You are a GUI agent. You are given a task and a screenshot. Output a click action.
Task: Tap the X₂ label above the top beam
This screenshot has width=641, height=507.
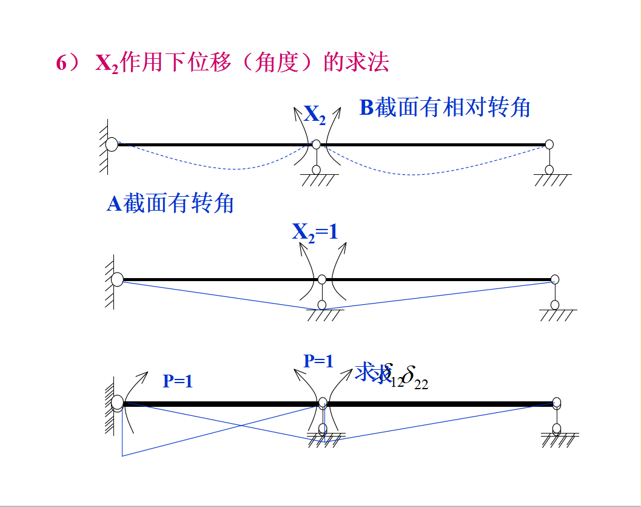tap(315, 114)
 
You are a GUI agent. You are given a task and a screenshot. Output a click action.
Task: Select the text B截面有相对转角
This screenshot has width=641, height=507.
tap(445, 107)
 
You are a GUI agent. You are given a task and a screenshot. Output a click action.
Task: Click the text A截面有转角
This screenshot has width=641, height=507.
tap(170, 203)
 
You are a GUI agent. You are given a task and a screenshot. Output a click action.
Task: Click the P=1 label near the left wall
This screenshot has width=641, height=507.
tap(178, 381)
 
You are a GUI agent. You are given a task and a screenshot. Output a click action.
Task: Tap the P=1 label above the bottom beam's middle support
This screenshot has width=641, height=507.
tap(318, 361)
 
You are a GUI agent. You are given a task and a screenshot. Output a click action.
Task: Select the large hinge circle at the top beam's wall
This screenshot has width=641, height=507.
tap(112, 145)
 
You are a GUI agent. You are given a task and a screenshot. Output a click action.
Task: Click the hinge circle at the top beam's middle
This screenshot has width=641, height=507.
tap(316, 145)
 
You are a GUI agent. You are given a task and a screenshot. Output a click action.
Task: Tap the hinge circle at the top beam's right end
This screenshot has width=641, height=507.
tap(549, 145)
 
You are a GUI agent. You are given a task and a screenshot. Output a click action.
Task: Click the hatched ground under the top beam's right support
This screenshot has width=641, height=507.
tap(552, 180)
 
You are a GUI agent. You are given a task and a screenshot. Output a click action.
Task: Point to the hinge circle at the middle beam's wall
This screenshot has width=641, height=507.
tap(117, 279)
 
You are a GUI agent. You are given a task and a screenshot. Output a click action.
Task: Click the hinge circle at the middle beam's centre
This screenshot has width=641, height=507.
tap(322, 279)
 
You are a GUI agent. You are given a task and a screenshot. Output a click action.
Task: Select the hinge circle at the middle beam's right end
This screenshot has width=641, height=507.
tap(555, 279)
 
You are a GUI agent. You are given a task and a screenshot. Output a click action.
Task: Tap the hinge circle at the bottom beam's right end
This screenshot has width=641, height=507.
tap(557, 402)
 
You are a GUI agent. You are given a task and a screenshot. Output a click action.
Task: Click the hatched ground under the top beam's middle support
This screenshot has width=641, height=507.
tap(318, 180)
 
